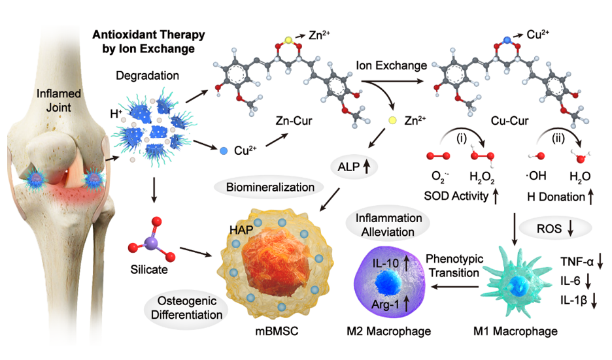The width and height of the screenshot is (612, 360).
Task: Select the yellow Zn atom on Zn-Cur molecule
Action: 286,41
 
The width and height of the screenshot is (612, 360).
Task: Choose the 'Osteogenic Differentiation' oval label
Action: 190,307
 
